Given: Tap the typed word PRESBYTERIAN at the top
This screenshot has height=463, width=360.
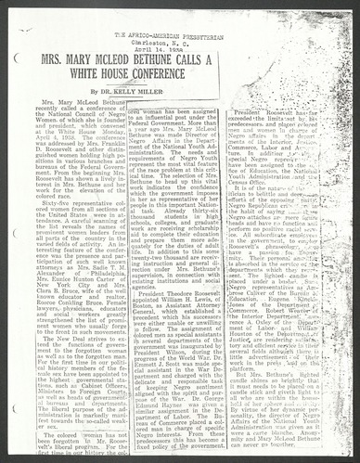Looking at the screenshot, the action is point(216,34).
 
